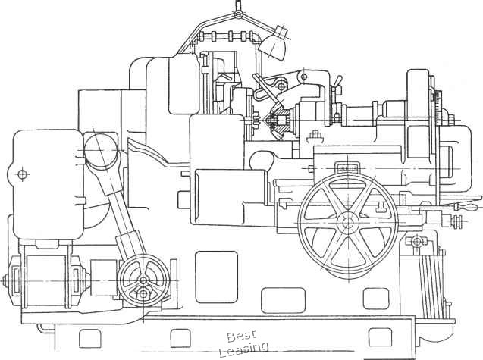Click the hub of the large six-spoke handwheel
tap(347, 223)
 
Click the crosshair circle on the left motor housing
tap(22, 174)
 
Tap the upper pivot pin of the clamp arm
tap(303, 75)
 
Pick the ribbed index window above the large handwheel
tap(347, 167)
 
